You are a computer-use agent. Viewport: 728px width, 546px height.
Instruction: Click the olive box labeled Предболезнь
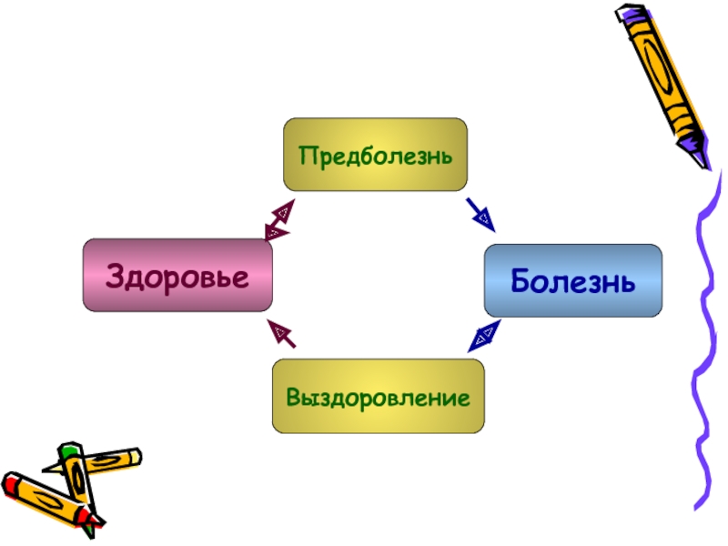point(375,154)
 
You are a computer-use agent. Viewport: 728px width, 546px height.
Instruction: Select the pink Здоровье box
point(177,275)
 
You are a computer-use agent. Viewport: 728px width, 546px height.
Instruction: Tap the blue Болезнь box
point(572,280)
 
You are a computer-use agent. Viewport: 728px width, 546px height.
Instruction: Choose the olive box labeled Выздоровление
point(378,396)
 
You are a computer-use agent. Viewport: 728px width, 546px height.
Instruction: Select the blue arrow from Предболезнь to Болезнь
point(480,214)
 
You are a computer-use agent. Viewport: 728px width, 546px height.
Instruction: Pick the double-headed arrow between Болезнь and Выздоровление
point(483,336)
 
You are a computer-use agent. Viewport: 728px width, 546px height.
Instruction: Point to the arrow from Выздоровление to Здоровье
point(281,334)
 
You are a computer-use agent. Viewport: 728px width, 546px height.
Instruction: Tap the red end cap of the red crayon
point(11,482)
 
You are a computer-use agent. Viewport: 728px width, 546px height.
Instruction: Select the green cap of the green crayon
point(69,450)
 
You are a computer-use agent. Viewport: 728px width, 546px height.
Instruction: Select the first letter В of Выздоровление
point(293,397)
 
